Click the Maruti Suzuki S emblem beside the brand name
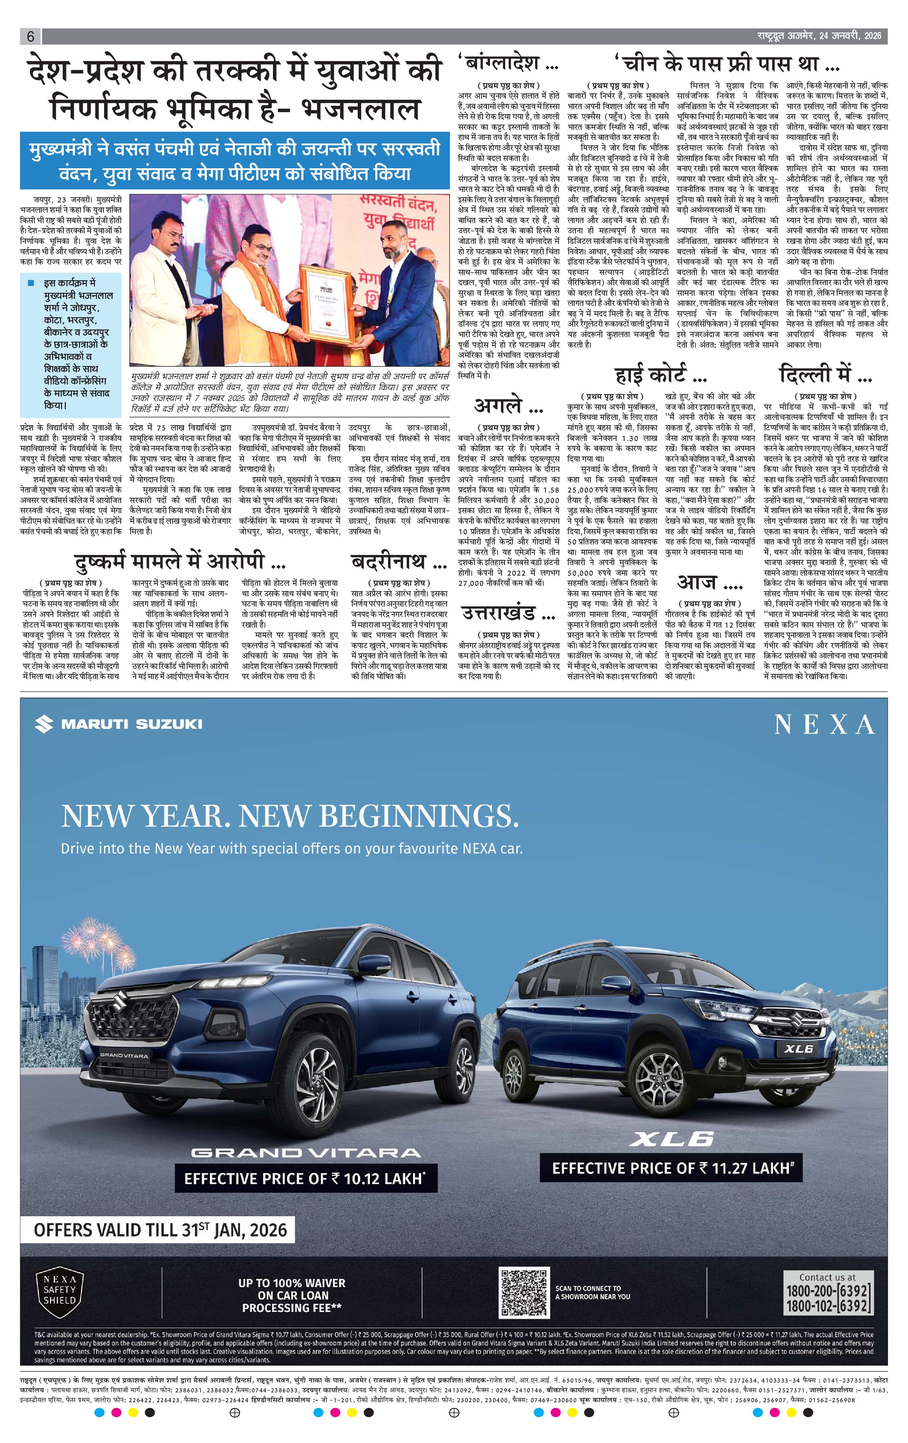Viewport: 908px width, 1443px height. coord(44,724)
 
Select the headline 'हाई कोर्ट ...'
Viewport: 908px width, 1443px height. coord(660,375)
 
